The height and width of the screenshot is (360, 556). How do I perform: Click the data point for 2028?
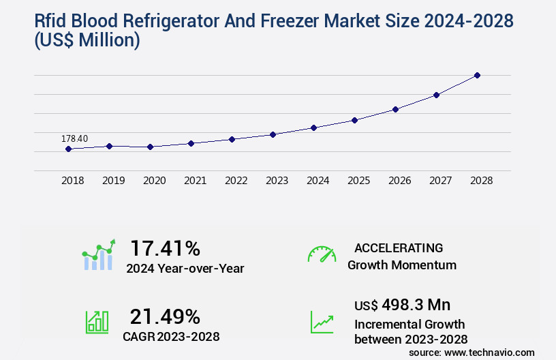[x=477, y=75]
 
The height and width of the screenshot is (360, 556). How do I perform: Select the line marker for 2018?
[x=68, y=149]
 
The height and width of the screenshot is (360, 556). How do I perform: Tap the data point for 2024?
[x=313, y=127]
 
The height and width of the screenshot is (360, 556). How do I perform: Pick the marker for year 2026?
[x=395, y=109]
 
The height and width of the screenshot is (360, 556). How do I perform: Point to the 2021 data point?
[x=191, y=143]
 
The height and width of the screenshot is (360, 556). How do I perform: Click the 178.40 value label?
[x=74, y=139]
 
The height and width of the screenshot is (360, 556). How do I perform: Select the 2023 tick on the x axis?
[x=277, y=181]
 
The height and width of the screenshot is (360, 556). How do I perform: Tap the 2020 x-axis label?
[x=154, y=181]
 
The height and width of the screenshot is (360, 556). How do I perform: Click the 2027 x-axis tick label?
[x=440, y=181]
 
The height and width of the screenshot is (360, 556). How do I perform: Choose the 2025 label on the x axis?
[x=358, y=181]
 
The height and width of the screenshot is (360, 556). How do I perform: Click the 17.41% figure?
[x=165, y=248]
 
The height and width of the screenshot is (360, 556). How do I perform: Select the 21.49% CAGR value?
[x=165, y=316]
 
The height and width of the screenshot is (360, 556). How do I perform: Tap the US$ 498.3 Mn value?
[x=402, y=304]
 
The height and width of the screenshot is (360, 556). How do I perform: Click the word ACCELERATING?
[x=399, y=247]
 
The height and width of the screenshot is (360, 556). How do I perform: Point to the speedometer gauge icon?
[x=322, y=254]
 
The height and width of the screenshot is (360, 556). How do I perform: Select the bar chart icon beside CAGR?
[x=97, y=322]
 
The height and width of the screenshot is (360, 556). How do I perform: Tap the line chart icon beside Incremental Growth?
[x=322, y=322]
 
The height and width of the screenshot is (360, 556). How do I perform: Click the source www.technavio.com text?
[x=472, y=352]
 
